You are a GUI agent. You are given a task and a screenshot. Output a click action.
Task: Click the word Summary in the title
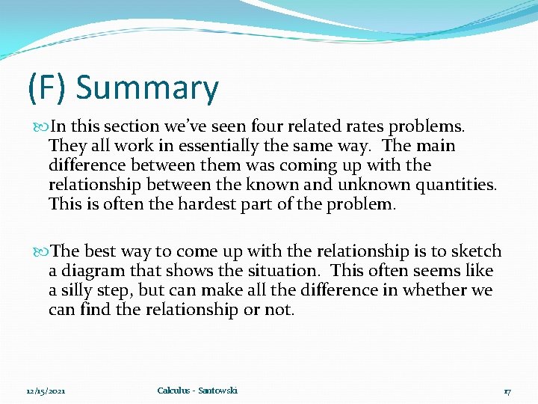[x=147, y=88]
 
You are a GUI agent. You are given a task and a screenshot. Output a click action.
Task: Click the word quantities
[x=456, y=184]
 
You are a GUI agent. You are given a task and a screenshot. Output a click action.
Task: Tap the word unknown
[x=372, y=184]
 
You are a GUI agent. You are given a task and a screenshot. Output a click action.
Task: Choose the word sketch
[x=476, y=251]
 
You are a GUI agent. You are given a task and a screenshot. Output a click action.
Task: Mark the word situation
[x=285, y=271]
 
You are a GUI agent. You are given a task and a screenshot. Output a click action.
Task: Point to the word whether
[x=439, y=290]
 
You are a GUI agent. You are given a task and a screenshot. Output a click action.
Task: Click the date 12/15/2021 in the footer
[x=46, y=391]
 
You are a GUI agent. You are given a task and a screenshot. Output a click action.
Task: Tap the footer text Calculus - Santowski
[x=197, y=391]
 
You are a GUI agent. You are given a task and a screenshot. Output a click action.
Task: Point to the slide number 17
[x=507, y=391]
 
